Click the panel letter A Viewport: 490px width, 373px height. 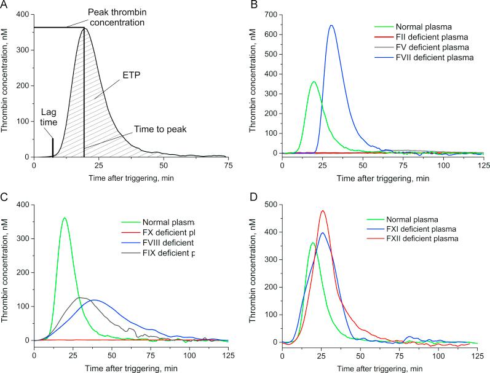coord(5,6)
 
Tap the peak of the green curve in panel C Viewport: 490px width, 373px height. coord(64,218)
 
